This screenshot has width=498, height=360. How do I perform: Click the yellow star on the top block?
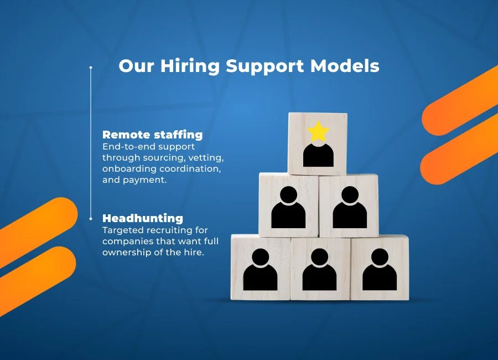point(318,131)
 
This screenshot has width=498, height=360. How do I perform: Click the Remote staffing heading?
point(153,135)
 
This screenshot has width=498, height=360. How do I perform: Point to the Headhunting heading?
point(143,218)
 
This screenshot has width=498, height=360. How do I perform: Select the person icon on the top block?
point(318,154)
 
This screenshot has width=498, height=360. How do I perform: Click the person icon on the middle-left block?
point(288,208)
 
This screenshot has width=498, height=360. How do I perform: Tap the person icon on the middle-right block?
point(350,208)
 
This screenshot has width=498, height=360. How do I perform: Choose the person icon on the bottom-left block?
point(260,270)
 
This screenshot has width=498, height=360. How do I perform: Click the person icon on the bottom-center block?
point(319,270)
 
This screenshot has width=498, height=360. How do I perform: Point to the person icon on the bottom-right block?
point(380,270)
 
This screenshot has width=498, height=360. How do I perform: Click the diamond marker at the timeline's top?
point(91,68)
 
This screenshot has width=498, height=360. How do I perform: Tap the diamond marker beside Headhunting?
point(91,219)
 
